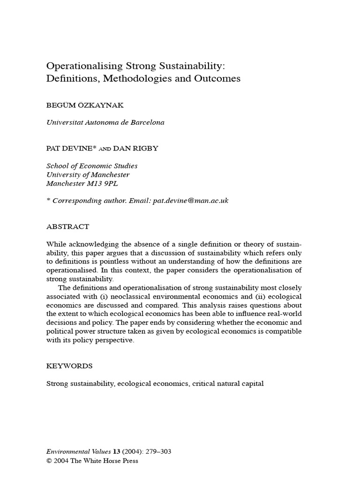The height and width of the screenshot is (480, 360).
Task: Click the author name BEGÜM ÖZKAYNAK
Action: point(85,105)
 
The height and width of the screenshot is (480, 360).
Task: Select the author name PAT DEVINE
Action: point(70,148)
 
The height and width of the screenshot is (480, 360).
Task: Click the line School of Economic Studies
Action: point(92,166)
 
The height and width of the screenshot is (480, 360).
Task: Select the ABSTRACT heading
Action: point(67,226)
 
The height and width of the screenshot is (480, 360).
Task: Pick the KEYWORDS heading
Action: point(69,366)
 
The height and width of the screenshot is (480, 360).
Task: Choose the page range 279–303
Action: point(156,452)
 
